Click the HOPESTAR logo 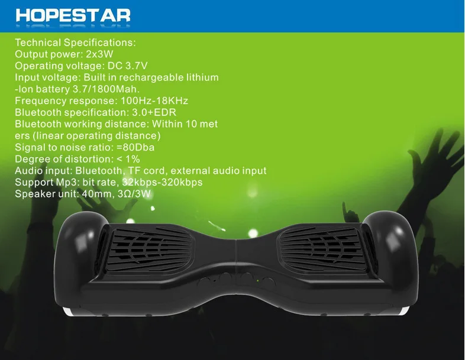click(x=73, y=15)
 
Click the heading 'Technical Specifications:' click(x=75, y=43)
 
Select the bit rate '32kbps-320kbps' click(x=164, y=182)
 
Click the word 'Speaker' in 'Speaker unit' click(x=34, y=194)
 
